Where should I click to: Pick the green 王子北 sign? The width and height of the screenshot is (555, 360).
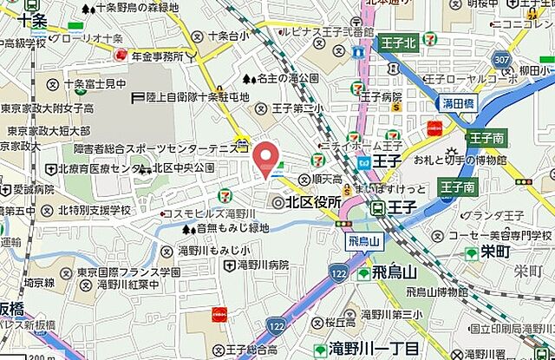(396, 42)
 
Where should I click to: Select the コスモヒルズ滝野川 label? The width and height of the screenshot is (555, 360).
(213, 213)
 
